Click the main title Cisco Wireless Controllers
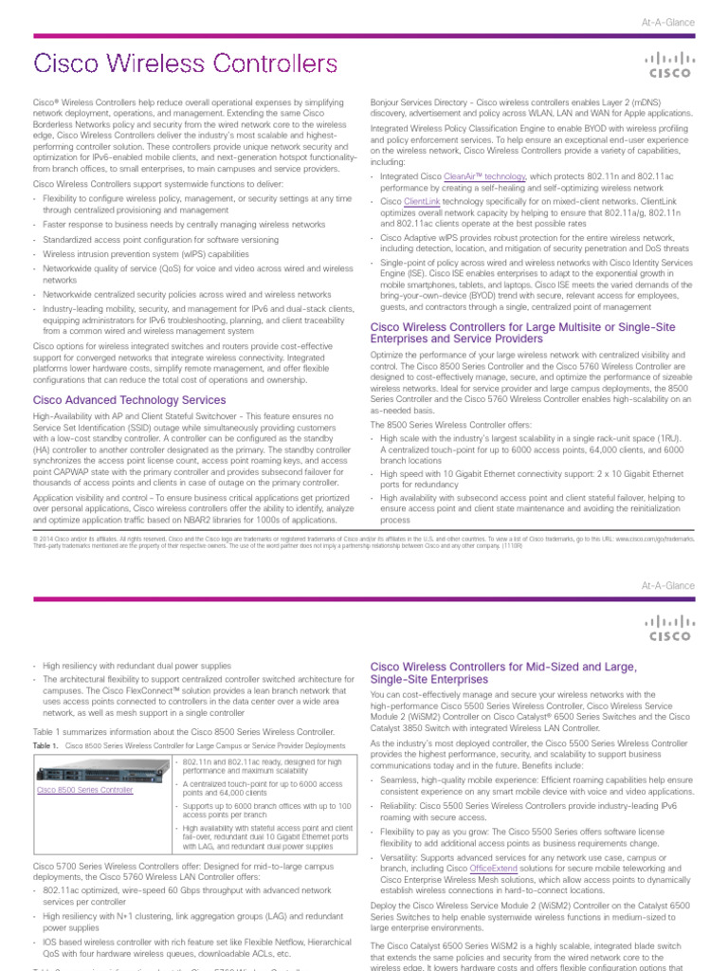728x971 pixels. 185,64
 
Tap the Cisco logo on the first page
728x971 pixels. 668,64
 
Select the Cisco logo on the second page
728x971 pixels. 668,628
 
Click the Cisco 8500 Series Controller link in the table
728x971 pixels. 84,789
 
